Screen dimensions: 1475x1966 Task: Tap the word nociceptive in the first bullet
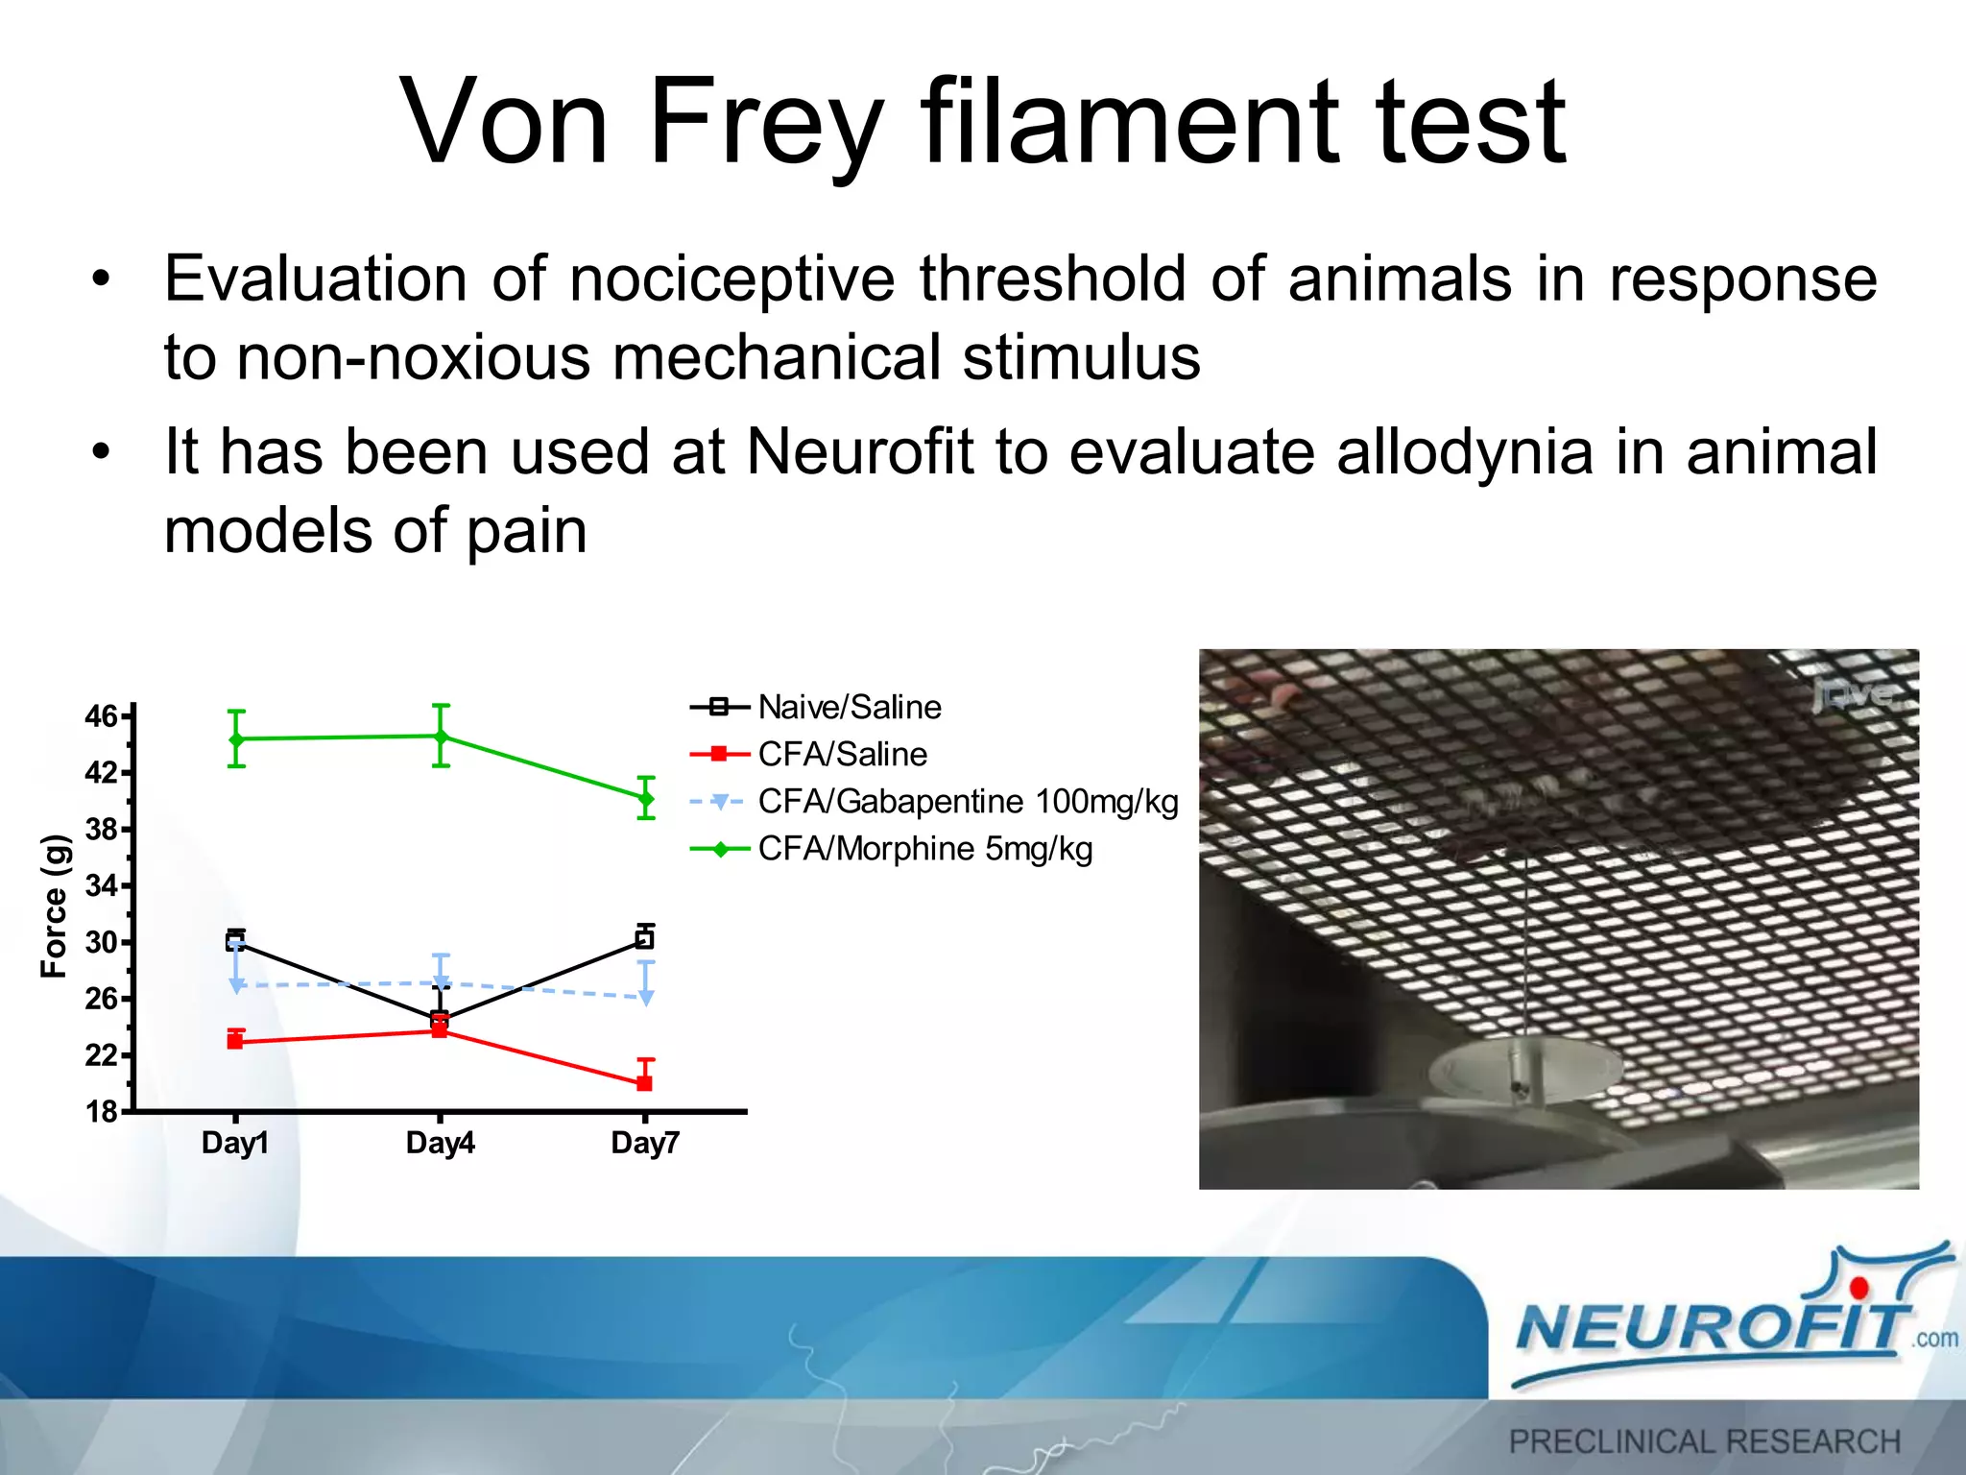732,279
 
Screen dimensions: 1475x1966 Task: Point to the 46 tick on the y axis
102,716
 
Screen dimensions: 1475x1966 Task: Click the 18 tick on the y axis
102,1112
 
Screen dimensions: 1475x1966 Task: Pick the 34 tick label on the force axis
102,885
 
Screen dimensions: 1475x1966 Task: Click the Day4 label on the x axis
440,1144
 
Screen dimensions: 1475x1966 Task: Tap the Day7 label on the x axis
644,1144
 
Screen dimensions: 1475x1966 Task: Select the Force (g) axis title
54,907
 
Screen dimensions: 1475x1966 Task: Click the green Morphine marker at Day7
646,798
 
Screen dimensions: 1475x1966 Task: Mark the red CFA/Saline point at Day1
235,1041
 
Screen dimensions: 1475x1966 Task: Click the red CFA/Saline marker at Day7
645,1083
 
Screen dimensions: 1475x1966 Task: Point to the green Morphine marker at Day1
236,738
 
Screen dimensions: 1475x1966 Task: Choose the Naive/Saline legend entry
849,708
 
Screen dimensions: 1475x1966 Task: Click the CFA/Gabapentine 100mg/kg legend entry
967,802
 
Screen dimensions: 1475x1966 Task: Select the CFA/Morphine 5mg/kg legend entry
924,849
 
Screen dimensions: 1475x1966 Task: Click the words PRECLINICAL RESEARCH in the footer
1704,1441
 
